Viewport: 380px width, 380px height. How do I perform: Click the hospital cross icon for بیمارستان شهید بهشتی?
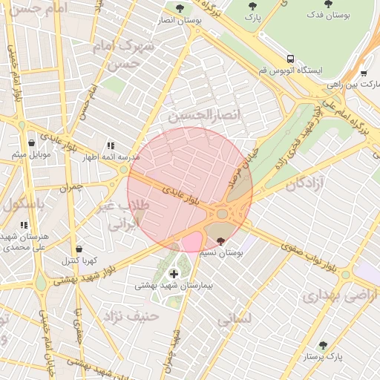click(174, 274)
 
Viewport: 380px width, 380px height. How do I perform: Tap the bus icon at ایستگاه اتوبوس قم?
click(290, 58)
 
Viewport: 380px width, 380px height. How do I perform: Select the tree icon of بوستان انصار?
click(181, 9)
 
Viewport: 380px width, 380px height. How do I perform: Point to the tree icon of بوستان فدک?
click(328, 4)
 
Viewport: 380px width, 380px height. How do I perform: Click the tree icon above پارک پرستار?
click(323, 346)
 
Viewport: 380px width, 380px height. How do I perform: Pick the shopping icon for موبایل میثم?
click(30, 143)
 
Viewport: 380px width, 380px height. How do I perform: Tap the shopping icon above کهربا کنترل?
click(79, 249)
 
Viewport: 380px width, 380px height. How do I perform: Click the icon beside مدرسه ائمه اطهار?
click(111, 146)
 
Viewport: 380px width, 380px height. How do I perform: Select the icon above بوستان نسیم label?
click(220, 240)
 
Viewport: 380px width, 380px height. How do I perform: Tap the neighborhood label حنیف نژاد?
click(131, 316)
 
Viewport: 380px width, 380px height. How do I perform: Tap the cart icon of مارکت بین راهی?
click(363, 73)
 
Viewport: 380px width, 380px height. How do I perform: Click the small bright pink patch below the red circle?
click(191, 242)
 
